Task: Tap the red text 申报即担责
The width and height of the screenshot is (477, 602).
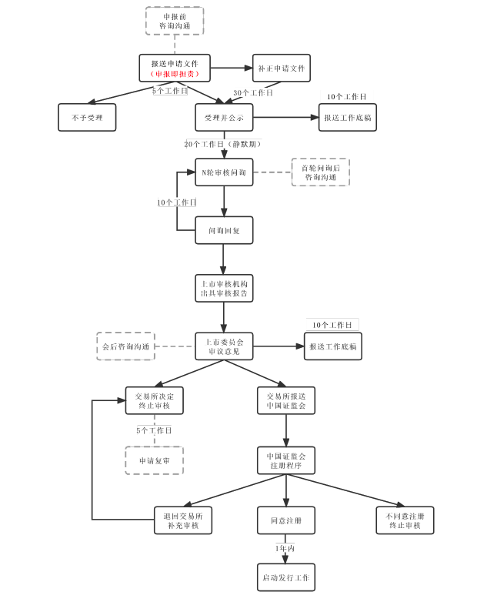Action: tap(175, 74)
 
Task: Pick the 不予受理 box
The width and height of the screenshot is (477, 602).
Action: tap(87, 118)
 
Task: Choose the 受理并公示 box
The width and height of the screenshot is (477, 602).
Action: tap(224, 118)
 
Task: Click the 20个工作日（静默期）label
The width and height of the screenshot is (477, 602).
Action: tap(223, 144)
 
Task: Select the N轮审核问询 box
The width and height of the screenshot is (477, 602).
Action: tap(224, 172)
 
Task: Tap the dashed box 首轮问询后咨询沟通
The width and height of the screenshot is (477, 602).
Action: tap(321, 172)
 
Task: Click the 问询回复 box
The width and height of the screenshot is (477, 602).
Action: tap(224, 229)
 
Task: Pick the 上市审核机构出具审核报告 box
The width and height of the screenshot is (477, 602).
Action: tap(224, 289)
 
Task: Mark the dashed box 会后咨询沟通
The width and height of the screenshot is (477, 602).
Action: tap(125, 346)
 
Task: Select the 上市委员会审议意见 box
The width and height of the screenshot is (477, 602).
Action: tap(224, 346)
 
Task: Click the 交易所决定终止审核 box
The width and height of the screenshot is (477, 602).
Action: tap(155, 400)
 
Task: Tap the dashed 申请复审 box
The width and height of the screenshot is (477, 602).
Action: tap(155, 460)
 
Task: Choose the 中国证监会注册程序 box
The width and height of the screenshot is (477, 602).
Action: tap(286, 460)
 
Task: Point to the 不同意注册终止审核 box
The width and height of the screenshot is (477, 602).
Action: tap(405, 520)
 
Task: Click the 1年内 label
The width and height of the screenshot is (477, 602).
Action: tap(285, 548)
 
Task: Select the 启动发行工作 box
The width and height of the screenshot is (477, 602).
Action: tap(285, 577)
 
